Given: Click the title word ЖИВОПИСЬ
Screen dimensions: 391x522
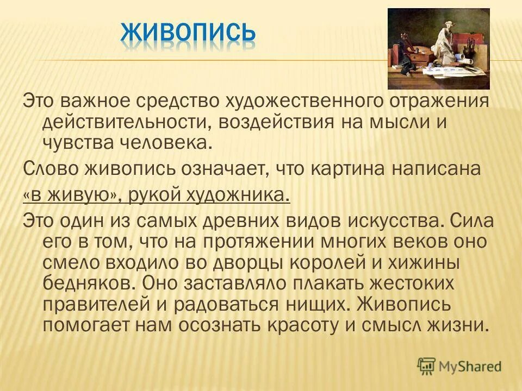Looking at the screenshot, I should click(188, 33).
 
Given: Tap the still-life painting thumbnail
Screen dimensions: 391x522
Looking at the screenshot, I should click(438, 49).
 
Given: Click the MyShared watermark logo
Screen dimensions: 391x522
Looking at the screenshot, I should click(459, 366).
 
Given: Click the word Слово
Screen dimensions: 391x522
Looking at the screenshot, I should click(51, 169).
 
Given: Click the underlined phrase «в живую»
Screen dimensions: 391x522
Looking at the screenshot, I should click(72, 195).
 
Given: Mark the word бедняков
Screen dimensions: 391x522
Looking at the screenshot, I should click(87, 283).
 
